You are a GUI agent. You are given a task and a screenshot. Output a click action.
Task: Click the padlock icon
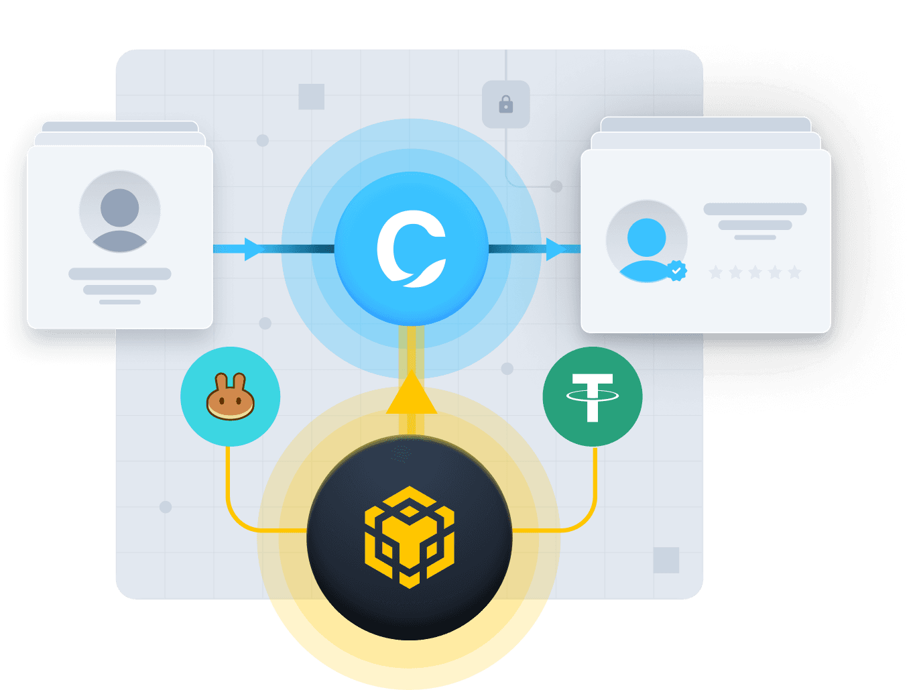(506, 104)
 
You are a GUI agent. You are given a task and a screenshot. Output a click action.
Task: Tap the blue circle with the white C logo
(412, 249)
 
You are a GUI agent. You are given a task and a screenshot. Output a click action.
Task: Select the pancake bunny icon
(230, 398)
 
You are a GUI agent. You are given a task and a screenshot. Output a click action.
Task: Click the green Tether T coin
(593, 396)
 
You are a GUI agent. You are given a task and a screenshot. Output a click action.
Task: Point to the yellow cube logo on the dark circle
(410, 537)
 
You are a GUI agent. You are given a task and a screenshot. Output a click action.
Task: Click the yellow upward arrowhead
(412, 396)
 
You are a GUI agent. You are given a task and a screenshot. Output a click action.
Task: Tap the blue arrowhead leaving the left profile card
(253, 249)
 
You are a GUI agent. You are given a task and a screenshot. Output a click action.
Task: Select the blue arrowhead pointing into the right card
(555, 249)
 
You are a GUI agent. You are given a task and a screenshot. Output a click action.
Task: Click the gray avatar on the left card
(120, 212)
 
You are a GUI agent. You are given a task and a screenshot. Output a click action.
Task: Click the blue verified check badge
(676, 270)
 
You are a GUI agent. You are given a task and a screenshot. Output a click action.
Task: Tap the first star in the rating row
(716, 272)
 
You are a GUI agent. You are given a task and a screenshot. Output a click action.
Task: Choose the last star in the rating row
(794, 272)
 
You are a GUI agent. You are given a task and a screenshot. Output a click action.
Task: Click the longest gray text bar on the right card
(755, 209)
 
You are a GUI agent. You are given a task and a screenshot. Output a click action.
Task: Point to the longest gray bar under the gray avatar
(120, 274)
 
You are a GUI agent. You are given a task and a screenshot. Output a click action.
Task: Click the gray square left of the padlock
(312, 97)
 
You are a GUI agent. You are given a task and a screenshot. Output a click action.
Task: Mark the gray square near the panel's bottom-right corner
(666, 560)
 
